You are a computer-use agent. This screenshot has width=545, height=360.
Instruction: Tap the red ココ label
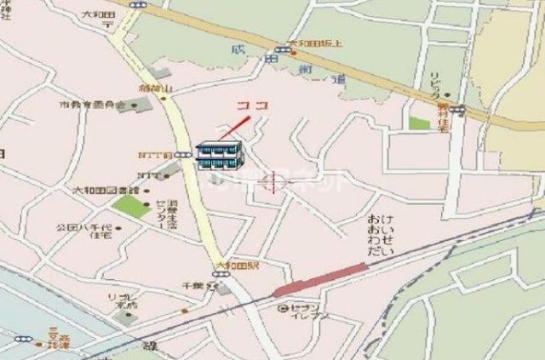[252, 105]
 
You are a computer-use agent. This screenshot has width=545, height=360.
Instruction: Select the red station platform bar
[319, 280]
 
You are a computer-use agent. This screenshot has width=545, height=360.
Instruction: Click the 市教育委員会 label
[92, 106]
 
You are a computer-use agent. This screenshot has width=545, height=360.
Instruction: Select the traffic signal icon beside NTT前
[182, 155]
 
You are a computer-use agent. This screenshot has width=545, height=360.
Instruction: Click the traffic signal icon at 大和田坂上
[281, 50]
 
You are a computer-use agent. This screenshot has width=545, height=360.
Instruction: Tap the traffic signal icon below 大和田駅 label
[220, 274]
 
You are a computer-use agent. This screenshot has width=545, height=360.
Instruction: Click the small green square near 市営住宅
[419, 123]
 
